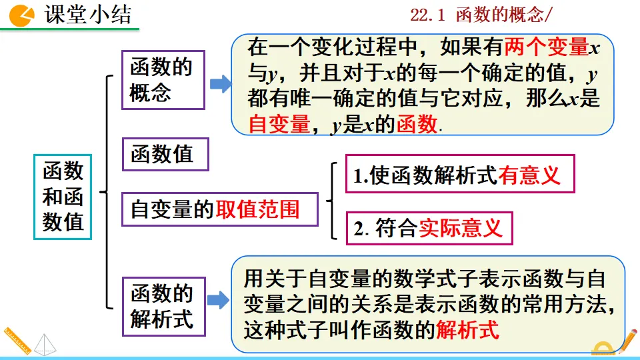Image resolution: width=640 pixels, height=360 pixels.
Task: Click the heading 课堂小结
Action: point(88,15)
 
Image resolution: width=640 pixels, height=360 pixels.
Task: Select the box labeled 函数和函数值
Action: point(63,197)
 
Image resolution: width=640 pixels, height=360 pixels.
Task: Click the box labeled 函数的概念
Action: point(163,79)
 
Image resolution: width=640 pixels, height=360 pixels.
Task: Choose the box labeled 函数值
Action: point(165,155)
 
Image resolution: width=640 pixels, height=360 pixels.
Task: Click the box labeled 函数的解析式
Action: point(163,307)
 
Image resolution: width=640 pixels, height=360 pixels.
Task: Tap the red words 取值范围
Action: point(257,209)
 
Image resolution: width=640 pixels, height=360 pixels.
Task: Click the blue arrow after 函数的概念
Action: point(220,84)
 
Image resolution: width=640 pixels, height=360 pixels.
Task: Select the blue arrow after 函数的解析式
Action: point(219,301)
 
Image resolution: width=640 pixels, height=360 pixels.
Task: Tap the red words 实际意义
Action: point(460,229)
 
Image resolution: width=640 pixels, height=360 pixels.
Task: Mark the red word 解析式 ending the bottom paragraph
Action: point(467,329)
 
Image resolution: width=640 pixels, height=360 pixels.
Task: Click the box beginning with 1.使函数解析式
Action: point(459,175)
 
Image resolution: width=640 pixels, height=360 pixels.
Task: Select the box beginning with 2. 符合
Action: point(429,229)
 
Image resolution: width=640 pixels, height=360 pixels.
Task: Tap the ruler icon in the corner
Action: point(17,341)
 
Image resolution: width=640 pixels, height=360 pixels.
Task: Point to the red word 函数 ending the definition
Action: point(417,125)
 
